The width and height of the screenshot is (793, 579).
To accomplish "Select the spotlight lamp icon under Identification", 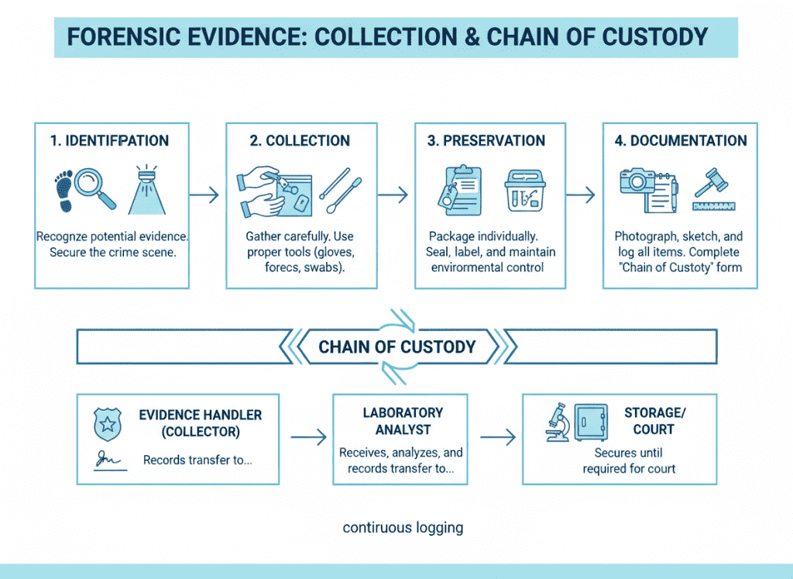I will point(146,190).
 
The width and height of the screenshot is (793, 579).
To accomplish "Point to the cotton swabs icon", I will point(338,191).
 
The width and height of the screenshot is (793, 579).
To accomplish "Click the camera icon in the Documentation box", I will point(638,181).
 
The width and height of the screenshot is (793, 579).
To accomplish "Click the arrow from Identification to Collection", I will point(204,195).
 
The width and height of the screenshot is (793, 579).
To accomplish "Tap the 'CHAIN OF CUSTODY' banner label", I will point(396,346).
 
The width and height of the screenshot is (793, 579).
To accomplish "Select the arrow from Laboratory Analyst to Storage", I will point(497,438).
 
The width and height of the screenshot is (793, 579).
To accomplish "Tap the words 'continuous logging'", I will point(403,528).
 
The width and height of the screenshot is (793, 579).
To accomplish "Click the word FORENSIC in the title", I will point(116,36).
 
